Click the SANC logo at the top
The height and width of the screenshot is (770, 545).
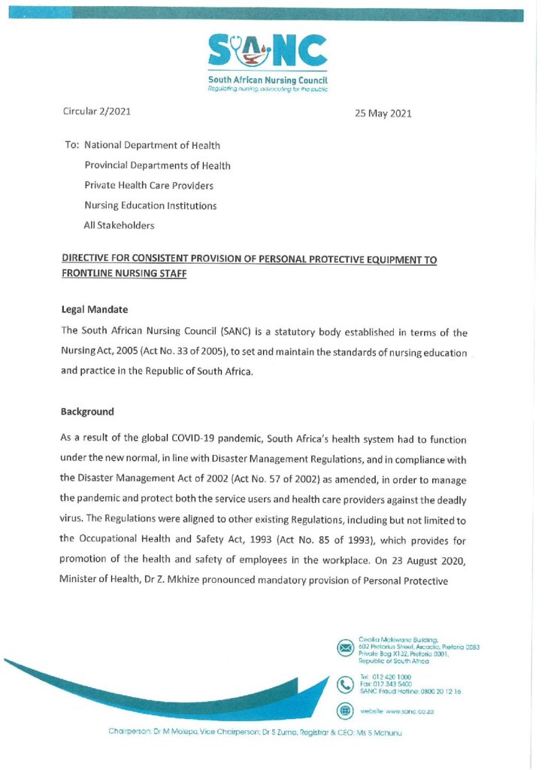[x=268, y=51]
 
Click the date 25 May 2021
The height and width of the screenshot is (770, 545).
[x=383, y=114]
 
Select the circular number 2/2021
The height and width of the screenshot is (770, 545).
[x=113, y=112]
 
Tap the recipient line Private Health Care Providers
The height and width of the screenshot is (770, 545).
[x=149, y=185]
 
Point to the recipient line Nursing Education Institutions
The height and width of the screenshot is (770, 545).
[x=150, y=205]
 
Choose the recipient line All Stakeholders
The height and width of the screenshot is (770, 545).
[x=119, y=225]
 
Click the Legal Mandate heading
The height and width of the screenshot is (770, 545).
[x=94, y=309]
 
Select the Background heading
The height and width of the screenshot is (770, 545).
[x=87, y=411]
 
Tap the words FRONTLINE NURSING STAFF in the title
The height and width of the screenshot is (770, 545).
[x=123, y=275]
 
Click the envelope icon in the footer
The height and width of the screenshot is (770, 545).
[x=345, y=647]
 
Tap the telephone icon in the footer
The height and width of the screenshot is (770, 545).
[x=345, y=684]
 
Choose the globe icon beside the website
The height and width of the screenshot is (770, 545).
[x=345, y=710]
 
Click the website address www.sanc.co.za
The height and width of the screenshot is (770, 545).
[x=410, y=711]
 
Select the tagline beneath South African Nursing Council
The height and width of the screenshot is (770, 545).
[x=268, y=89]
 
